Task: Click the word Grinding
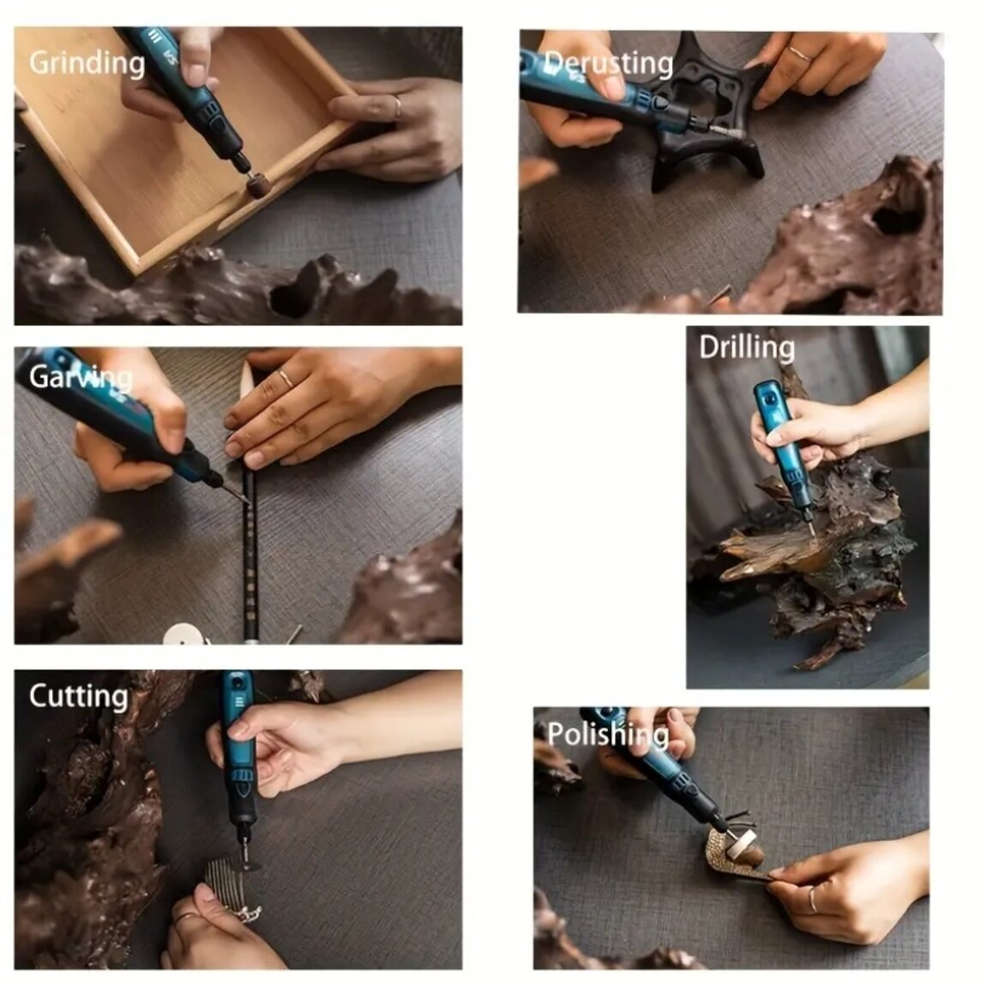[87, 63]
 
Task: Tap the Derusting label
[608, 63]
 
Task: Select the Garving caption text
[81, 377]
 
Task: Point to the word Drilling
[747, 348]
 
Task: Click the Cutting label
[79, 697]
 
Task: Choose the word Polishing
[608, 734]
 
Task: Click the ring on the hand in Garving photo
[286, 378]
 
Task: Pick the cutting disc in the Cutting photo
[246, 866]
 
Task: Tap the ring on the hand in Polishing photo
[813, 899]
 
